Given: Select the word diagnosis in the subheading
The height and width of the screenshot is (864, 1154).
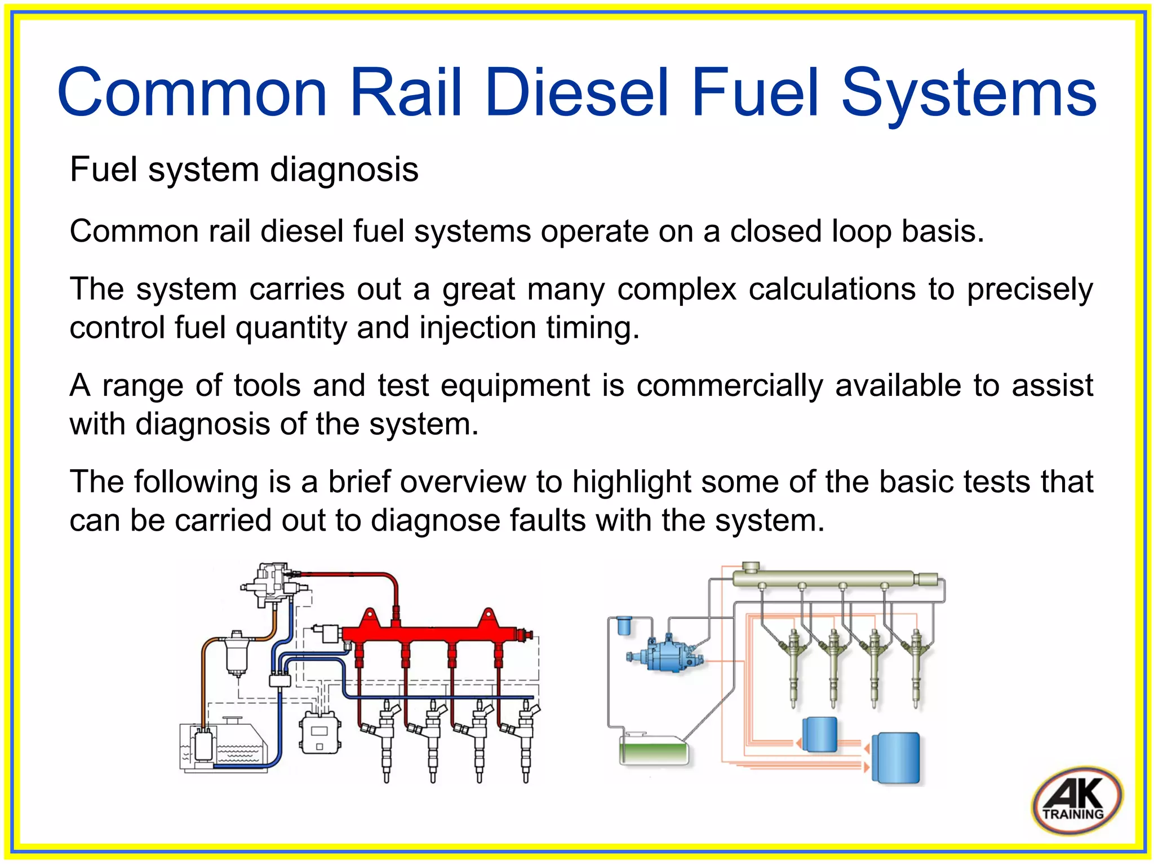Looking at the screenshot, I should click(x=344, y=170).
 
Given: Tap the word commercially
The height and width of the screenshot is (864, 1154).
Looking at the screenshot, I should click(x=730, y=386).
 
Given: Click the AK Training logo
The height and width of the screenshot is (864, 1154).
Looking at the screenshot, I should click(x=1076, y=800).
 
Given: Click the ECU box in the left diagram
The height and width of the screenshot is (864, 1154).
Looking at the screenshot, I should click(x=319, y=732).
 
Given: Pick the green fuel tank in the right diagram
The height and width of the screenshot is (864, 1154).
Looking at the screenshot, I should click(x=654, y=751).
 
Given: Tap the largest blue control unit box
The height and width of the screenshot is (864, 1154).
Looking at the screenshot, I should click(x=896, y=758).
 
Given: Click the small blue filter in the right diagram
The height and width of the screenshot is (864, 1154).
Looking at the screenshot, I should click(x=624, y=626).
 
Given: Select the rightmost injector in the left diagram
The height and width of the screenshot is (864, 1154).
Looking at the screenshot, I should click(x=526, y=738).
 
